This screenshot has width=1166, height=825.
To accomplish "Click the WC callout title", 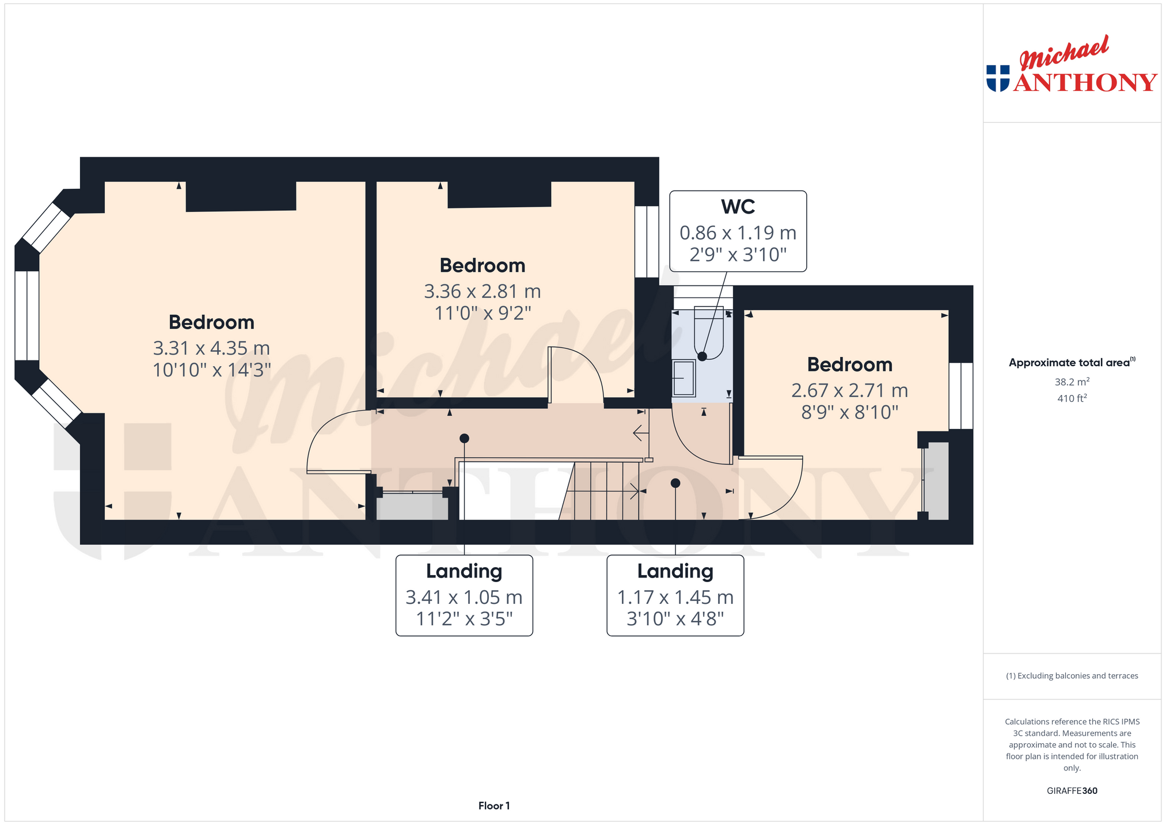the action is (x=738, y=207).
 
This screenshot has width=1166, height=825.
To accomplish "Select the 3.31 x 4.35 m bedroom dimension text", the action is (x=211, y=348).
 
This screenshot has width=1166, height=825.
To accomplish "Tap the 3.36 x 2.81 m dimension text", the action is (x=483, y=292).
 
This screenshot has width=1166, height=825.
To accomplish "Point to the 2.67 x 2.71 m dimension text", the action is (x=849, y=391).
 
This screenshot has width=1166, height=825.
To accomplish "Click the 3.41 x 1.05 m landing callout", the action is (x=464, y=595).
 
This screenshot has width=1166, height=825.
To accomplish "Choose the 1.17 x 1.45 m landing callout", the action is (x=675, y=595).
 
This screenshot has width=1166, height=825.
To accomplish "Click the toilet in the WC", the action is (x=709, y=333).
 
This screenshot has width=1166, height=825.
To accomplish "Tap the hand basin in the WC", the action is (x=684, y=378).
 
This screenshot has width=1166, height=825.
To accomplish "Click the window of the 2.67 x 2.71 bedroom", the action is (x=960, y=396).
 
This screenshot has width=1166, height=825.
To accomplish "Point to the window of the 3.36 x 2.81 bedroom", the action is (x=647, y=242).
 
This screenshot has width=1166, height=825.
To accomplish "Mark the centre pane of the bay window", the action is (x=26, y=315).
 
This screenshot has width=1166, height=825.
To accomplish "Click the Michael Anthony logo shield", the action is (x=998, y=78).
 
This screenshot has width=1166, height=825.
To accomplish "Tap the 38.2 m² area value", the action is (x=1072, y=382).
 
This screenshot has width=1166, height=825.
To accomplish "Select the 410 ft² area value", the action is (x=1072, y=398).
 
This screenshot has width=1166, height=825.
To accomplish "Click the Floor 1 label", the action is (x=494, y=806).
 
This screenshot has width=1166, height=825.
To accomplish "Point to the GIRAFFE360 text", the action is (x=1072, y=791).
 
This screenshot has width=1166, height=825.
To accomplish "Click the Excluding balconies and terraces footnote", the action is (x=1072, y=676).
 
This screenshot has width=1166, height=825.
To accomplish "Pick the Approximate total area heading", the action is (x=1072, y=363).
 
